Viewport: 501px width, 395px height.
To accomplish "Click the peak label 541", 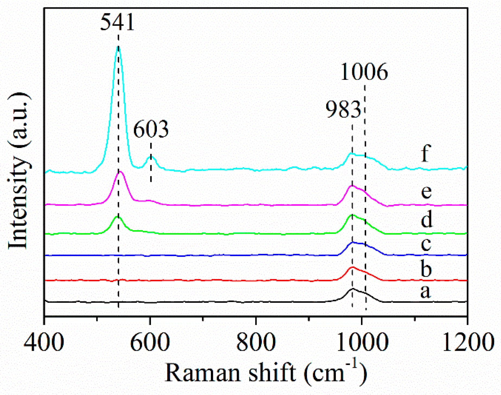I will coord(117,22).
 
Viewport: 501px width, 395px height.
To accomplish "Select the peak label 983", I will coord(343,109).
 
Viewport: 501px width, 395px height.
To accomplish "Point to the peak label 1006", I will coord(364,72).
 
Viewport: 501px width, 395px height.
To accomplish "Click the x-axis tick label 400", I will coord(44,342).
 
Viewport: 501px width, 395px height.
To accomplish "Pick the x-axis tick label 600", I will coord(150,342).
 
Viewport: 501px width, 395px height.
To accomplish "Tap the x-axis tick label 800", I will coord(256,342).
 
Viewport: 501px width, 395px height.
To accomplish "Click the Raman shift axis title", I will coord(266,373).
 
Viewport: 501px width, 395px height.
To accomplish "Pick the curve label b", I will coord(426,269).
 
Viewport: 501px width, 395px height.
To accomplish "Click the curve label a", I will coord(425,292).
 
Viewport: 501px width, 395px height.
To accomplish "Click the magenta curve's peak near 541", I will coord(120,172).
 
